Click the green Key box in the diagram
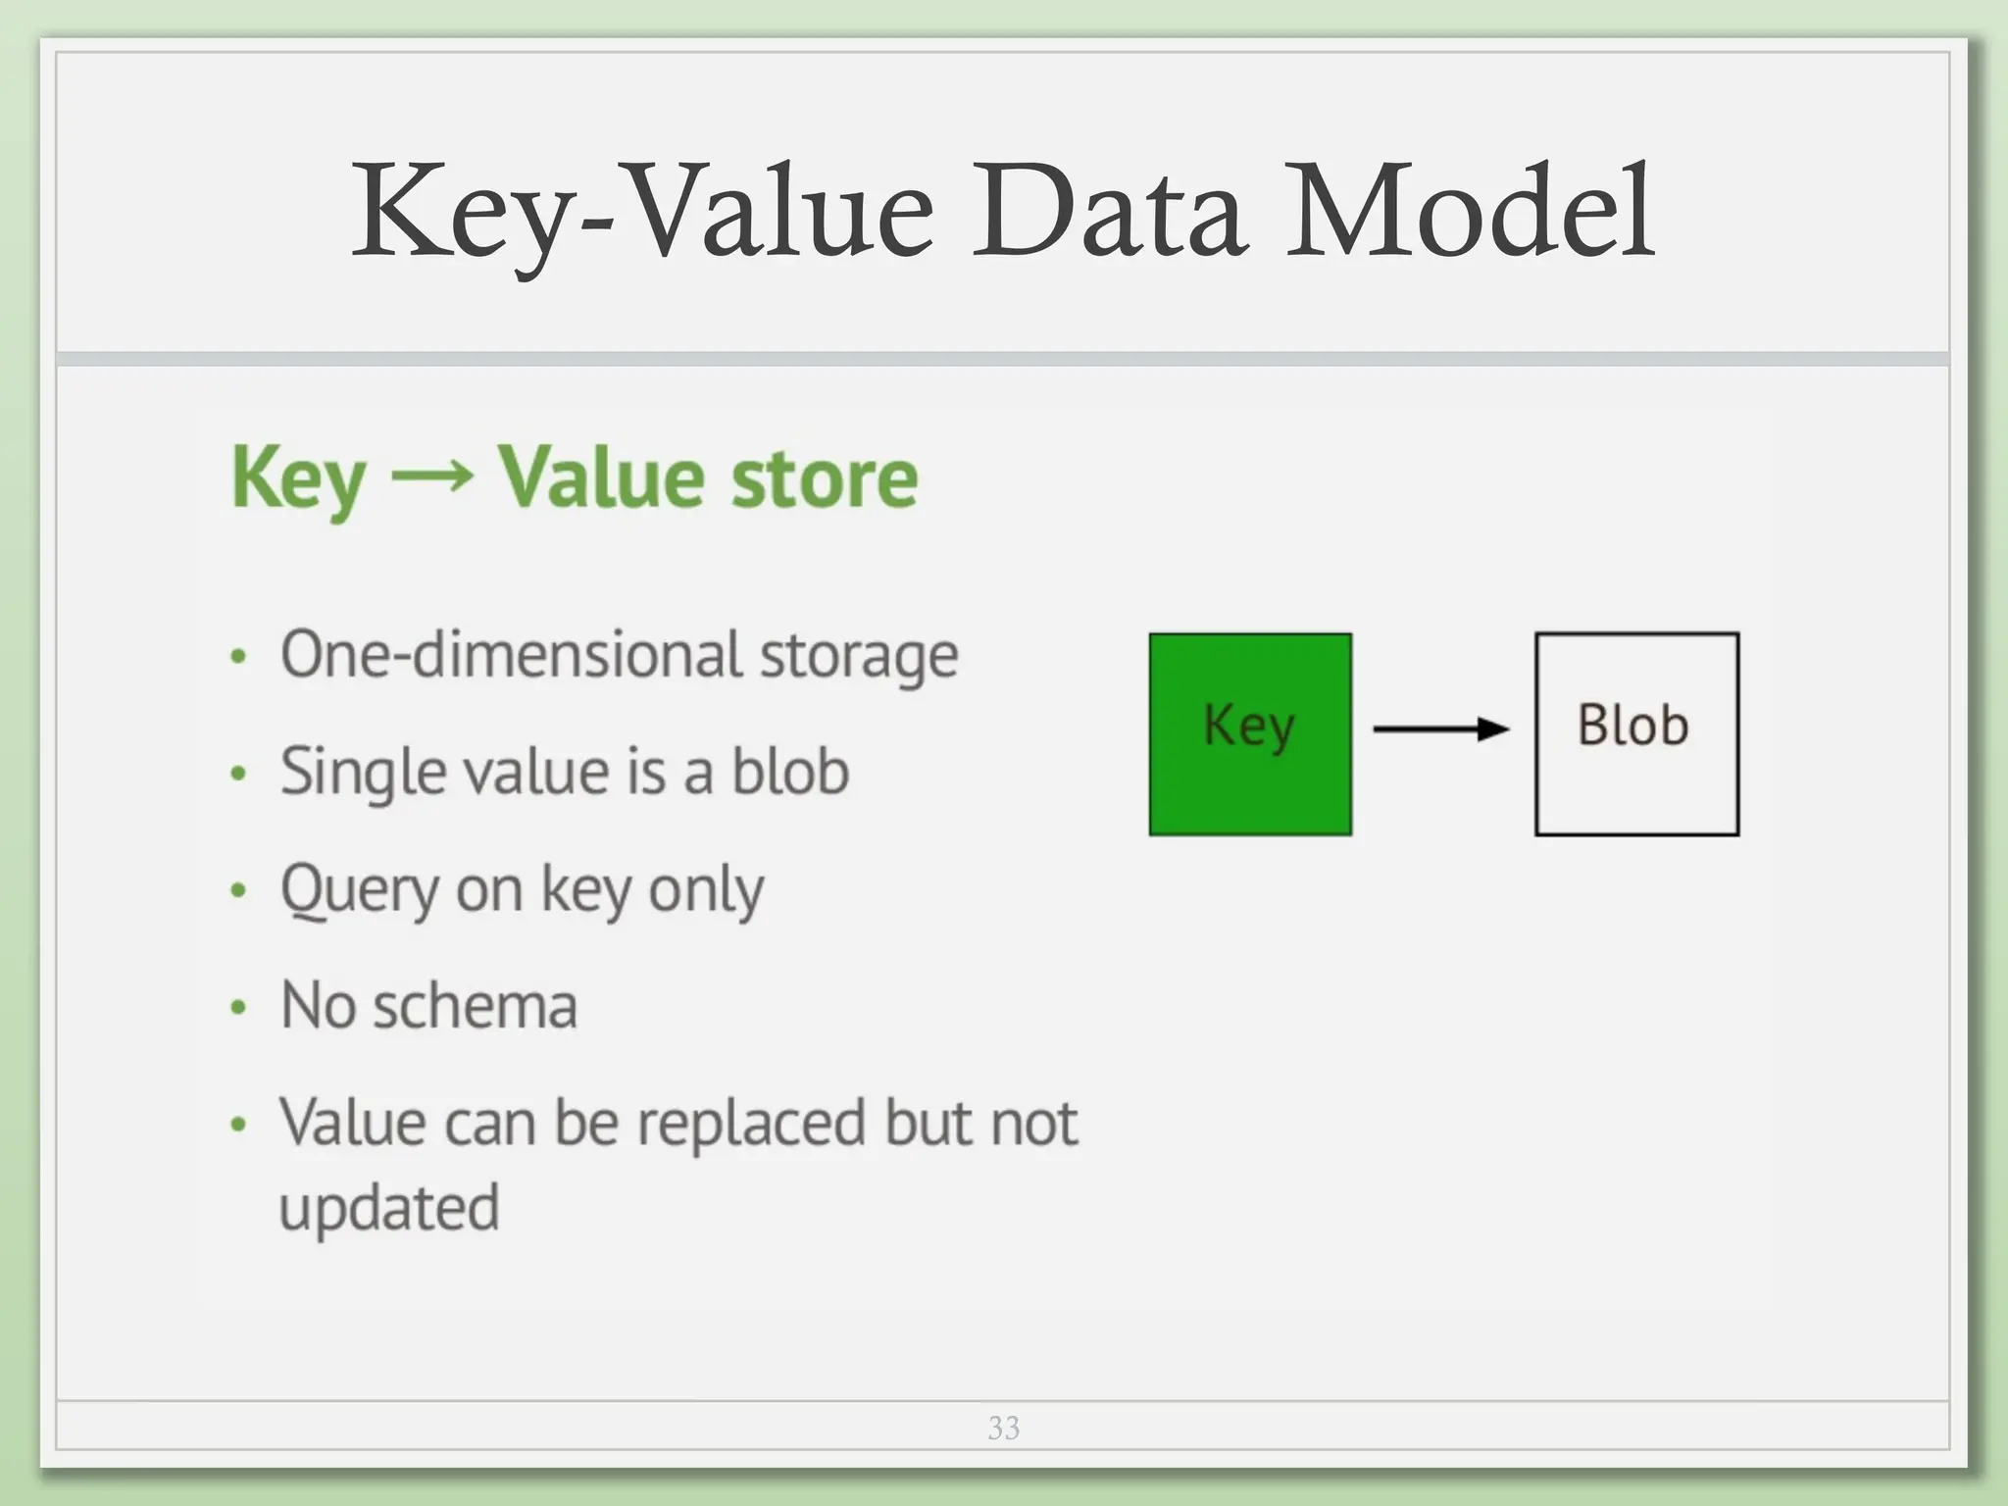[1250, 734]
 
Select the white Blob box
[1636, 734]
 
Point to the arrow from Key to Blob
[1441, 728]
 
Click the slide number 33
[1003, 1428]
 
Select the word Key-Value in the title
[643, 214]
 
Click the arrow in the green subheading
[431, 477]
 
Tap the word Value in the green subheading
[600, 477]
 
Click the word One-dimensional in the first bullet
[511, 654]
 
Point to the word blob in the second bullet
[790, 772]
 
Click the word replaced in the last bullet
[751, 1124]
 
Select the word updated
[389, 1208]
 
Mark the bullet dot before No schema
[237, 1008]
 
